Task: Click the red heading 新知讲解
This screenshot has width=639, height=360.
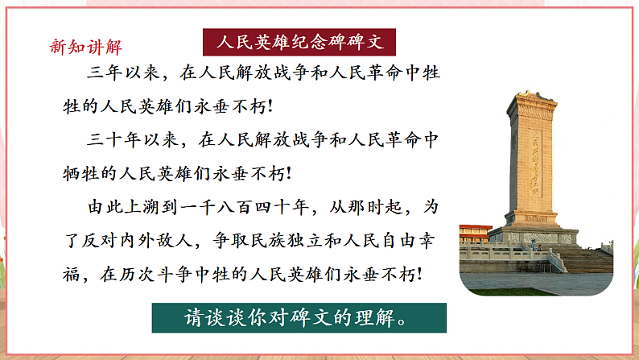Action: click(x=87, y=46)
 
